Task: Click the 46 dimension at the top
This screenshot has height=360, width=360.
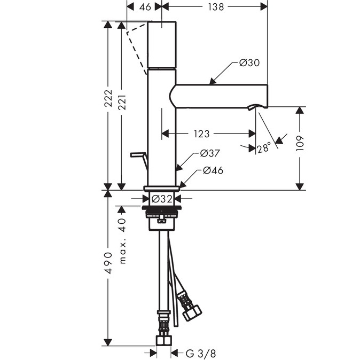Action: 144,7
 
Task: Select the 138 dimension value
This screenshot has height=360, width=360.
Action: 215,7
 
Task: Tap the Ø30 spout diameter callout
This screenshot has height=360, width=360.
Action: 249,63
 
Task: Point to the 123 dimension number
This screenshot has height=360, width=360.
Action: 201,134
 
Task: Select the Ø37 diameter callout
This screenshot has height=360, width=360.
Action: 210,153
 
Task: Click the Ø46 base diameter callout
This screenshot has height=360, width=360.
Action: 213,171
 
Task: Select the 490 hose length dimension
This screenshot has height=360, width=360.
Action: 109,263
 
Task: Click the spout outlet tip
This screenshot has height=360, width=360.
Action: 256,108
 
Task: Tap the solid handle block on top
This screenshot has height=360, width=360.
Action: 161,45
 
